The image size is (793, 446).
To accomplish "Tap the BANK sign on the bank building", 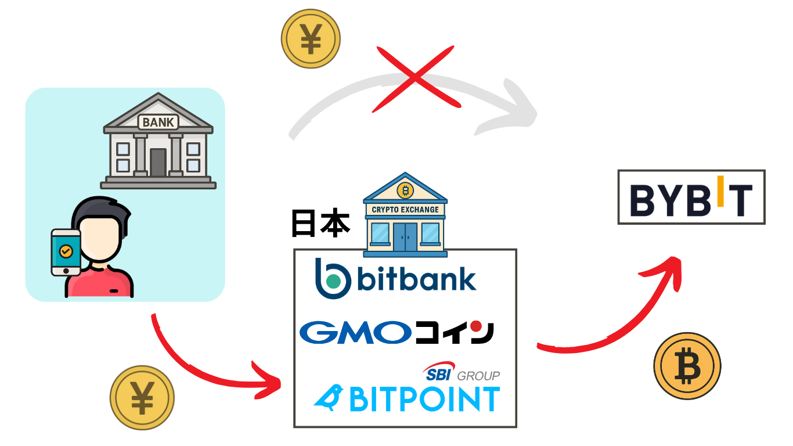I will pos(158,122).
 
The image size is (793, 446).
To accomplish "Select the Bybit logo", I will pos(691,197).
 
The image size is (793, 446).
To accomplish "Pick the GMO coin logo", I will pos(396,332).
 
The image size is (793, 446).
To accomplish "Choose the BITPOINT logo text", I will pos(424,398).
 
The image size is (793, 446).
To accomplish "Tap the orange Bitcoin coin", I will pos(687,366).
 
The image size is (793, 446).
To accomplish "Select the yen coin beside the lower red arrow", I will pos(142,398).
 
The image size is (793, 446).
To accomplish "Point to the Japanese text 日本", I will pos(320,224).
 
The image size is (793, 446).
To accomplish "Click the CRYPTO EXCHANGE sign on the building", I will pos(405,209).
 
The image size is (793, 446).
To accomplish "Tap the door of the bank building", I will pos(158,163).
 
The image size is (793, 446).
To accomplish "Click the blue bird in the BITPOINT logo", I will pos(329,397).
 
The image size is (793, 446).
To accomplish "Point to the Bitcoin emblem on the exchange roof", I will pos(405,189).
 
